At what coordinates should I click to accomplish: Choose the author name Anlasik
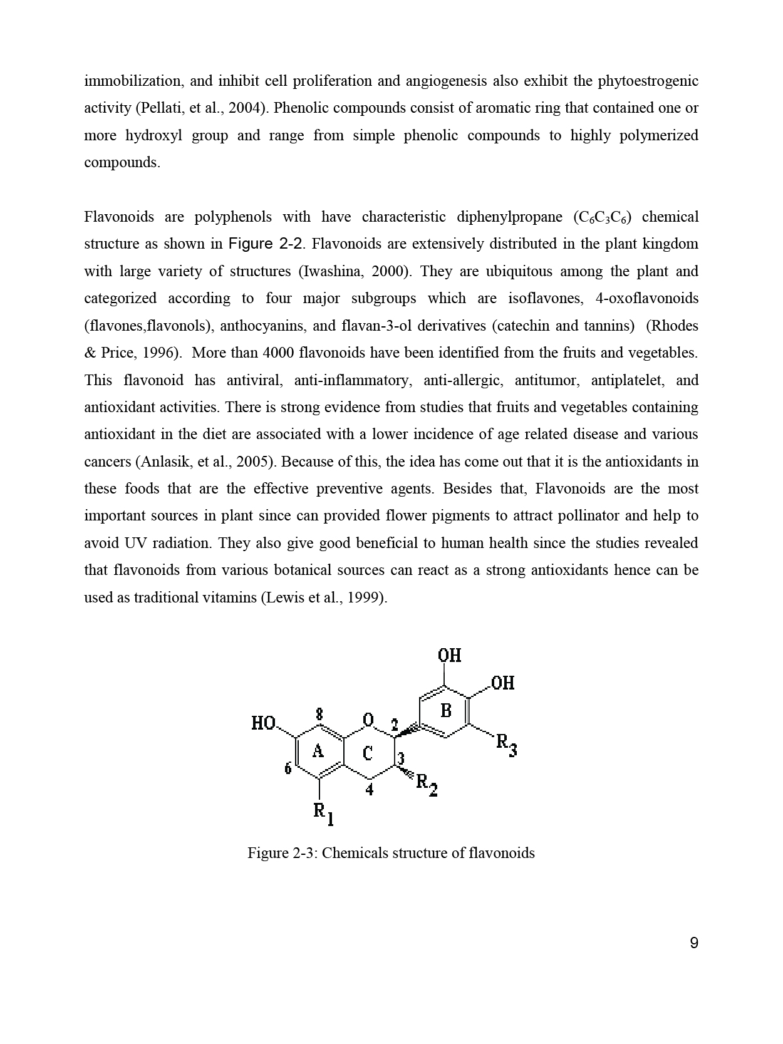165,462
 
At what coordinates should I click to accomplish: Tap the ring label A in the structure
318,750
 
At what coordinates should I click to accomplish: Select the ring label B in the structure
446,711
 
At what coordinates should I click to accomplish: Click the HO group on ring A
263,723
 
